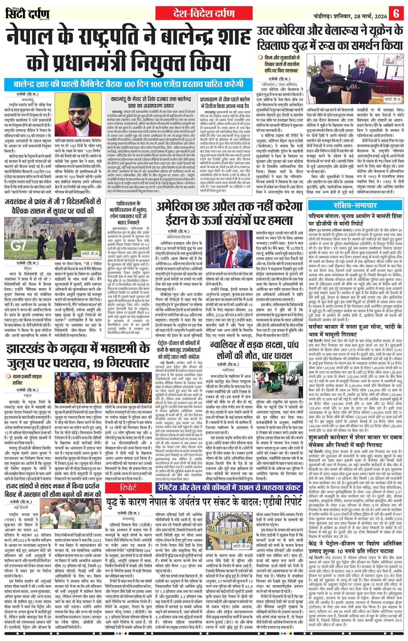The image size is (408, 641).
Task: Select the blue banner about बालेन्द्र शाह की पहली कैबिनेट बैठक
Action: pos(129,84)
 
